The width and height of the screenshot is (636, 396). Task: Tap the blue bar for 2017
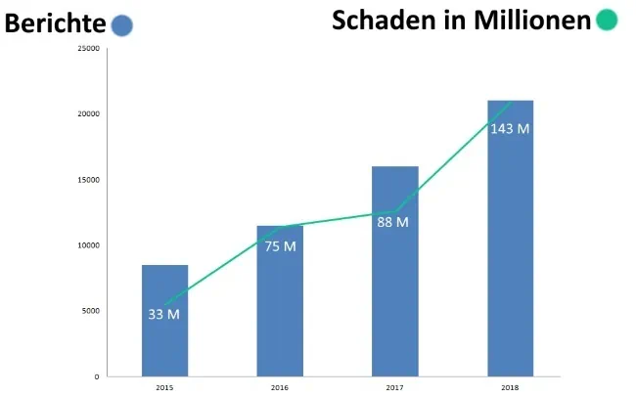[394, 293]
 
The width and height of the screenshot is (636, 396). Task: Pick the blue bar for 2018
[510, 254]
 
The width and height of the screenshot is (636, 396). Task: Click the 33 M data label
[164, 314]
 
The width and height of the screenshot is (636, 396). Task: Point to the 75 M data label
[280, 246]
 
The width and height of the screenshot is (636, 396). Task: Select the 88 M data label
[392, 222]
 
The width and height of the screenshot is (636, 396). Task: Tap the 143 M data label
[510, 129]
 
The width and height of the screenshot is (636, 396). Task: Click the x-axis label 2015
[164, 388]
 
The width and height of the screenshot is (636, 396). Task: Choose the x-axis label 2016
[280, 388]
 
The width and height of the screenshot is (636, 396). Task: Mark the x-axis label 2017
[394, 388]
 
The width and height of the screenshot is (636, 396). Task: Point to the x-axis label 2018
[510, 388]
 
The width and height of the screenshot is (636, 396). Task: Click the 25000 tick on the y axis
[87, 48]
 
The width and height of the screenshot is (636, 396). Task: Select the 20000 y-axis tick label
[87, 113]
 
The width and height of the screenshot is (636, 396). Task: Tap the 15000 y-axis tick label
[87, 180]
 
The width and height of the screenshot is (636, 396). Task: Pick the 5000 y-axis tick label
[89, 311]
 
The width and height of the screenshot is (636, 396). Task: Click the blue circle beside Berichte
[122, 26]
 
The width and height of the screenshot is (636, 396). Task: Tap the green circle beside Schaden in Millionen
[607, 20]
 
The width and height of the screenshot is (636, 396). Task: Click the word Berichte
[55, 24]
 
